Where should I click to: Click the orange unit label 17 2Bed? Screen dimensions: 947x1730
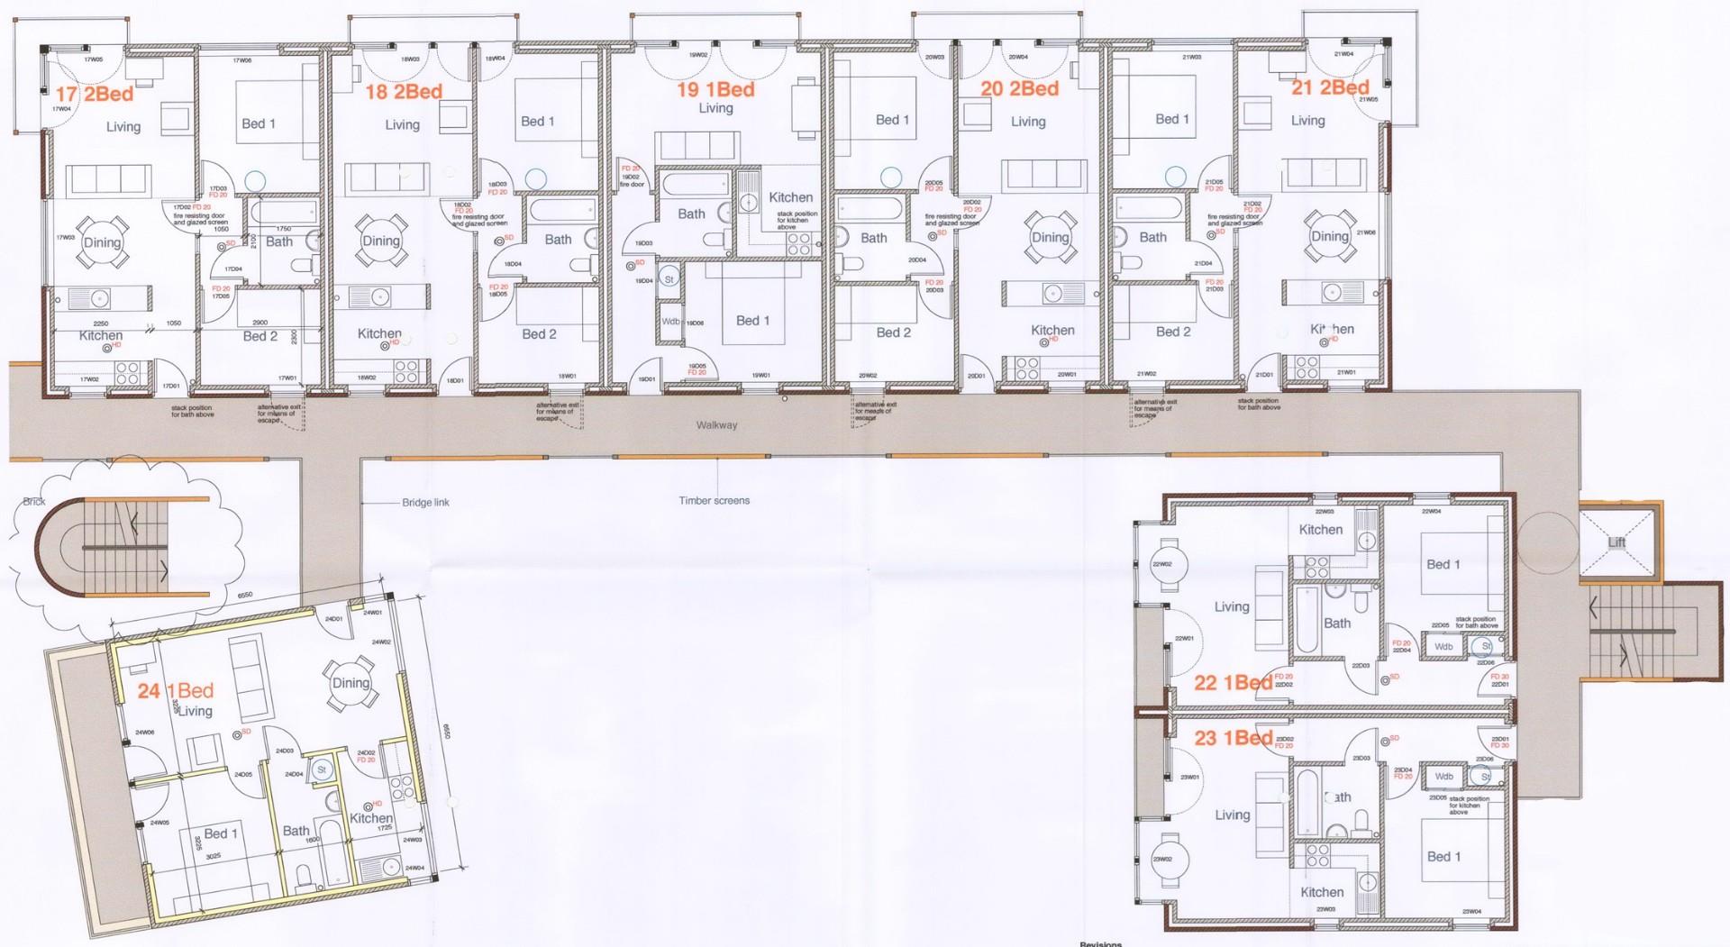[95, 95]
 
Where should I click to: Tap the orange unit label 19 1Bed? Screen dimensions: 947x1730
[715, 89]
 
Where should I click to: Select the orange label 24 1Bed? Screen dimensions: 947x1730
[176, 691]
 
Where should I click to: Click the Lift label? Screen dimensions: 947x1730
[1617, 542]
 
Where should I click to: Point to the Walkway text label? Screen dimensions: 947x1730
[716, 425]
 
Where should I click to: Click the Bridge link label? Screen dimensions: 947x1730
[425, 502]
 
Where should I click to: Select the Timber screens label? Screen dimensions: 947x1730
[715, 501]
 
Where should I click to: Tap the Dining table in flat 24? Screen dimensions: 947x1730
[351, 683]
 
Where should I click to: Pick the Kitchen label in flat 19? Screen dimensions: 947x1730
[790, 197]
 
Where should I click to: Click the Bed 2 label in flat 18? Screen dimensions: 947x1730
[539, 334]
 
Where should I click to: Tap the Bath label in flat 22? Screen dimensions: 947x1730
[1337, 623]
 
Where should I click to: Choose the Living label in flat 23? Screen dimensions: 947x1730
[1232, 815]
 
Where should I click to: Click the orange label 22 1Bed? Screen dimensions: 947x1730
[1233, 683]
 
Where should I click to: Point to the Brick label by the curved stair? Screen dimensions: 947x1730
[34, 502]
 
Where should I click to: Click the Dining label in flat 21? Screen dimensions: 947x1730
[1329, 236]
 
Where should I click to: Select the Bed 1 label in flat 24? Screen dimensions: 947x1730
[221, 833]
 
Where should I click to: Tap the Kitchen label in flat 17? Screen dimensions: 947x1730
[101, 335]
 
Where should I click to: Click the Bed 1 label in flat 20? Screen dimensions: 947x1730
[892, 120]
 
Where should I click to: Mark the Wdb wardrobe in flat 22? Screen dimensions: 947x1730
[1443, 647]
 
